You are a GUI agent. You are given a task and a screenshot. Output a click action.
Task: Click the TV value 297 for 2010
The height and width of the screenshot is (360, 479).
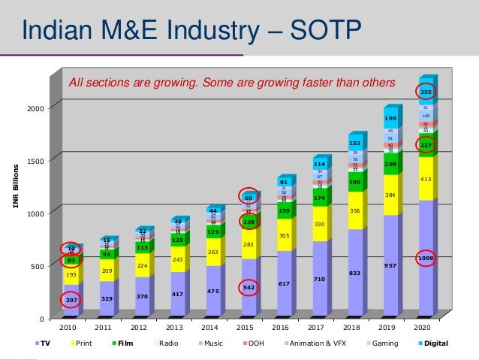click(x=72, y=299)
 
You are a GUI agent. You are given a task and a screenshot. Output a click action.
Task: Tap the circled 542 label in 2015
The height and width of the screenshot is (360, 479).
click(x=250, y=287)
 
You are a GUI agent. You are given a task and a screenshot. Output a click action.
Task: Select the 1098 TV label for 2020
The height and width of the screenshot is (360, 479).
click(x=426, y=259)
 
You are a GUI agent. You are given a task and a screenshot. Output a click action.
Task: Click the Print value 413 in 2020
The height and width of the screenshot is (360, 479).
click(x=426, y=180)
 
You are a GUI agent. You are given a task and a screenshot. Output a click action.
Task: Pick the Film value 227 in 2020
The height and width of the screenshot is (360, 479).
click(x=426, y=145)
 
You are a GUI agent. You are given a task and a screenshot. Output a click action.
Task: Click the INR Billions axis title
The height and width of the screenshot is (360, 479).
click(x=14, y=185)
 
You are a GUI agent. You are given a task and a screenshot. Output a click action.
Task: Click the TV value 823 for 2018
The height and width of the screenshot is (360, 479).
click(x=354, y=273)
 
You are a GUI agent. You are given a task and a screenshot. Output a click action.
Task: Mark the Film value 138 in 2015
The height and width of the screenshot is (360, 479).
click(x=250, y=222)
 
